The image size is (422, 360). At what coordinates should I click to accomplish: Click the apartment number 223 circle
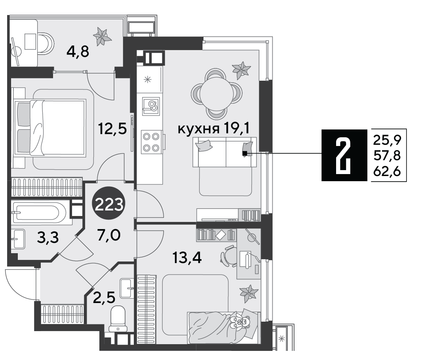(x=109, y=203)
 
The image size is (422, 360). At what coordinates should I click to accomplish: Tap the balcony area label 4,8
(x=78, y=51)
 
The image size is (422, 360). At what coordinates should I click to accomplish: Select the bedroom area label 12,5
(x=112, y=129)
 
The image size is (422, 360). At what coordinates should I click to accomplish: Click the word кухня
(x=198, y=129)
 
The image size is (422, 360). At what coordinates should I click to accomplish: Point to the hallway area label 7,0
(x=109, y=235)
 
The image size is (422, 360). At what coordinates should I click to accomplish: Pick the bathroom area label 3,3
(x=48, y=238)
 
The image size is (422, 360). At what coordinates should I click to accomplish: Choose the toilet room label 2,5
(x=104, y=297)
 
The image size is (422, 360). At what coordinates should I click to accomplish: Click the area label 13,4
(x=187, y=258)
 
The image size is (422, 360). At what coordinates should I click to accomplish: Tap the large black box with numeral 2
(x=344, y=155)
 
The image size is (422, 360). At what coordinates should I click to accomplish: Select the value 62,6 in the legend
(x=387, y=171)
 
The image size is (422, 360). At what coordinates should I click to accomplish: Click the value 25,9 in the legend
(x=387, y=140)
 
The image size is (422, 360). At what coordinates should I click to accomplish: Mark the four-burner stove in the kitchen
(x=151, y=142)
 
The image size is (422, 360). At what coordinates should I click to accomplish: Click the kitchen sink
(x=151, y=106)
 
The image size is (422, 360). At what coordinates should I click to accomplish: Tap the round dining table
(x=217, y=94)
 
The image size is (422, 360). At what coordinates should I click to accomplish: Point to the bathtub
(x=39, y=212)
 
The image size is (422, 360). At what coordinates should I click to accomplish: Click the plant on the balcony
(x=102, y=36)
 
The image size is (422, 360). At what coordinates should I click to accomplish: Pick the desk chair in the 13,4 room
(x=228, y=256)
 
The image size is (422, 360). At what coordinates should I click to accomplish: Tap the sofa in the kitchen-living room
(x=224, y=152)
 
